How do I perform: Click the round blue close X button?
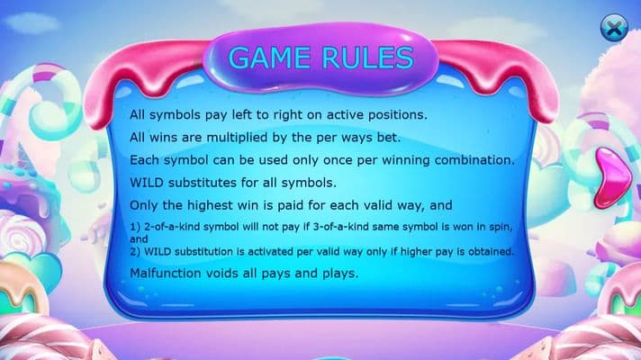[614, 28]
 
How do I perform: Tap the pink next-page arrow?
[612, 178]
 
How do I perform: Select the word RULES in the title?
[368, 58]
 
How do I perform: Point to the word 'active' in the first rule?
[345, 115]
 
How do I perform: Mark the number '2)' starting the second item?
[135, 252]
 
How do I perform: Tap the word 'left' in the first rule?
[241, 115]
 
